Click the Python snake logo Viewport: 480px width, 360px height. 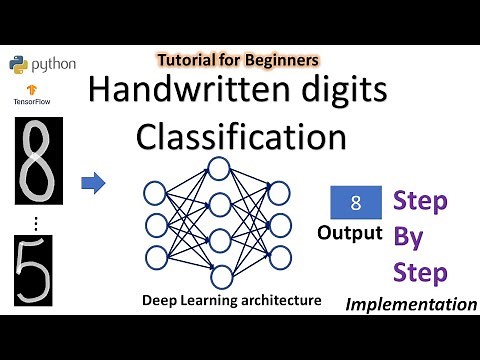(x=17, y=63)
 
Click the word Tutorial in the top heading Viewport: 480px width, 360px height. (x=187, y=59)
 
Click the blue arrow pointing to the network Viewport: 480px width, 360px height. (x=93, y=183)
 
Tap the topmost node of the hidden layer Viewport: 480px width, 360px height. (x=218, y=168)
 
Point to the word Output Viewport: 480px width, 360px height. (x=349, y=234)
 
